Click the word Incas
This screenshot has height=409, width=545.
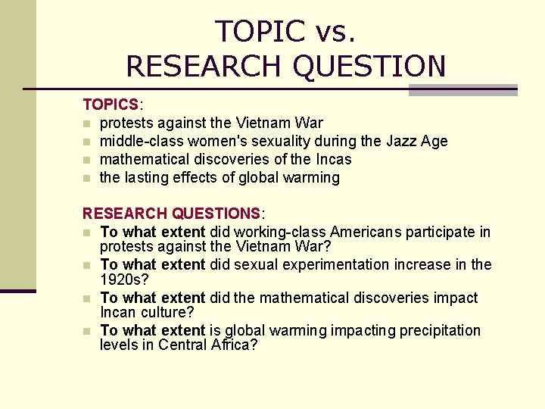(332, 159)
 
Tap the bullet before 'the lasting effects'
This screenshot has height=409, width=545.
(88, 178)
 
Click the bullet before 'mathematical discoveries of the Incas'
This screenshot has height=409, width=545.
(88, 160)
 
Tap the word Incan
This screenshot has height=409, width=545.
(118, 312)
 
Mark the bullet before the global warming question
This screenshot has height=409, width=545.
(88, 331)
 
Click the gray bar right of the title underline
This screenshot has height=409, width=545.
(462, 89)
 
